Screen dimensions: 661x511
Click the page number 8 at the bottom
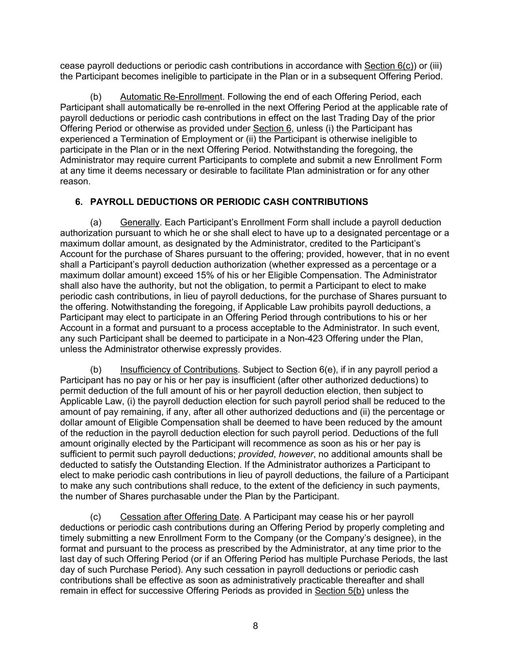click(255, 626)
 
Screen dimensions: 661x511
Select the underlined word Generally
click(139, 222)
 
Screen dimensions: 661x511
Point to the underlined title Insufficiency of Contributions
click(179, 370)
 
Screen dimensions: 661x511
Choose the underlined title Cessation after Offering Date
click(180, 517)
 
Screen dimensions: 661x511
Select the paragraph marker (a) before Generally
click(96, 222)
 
